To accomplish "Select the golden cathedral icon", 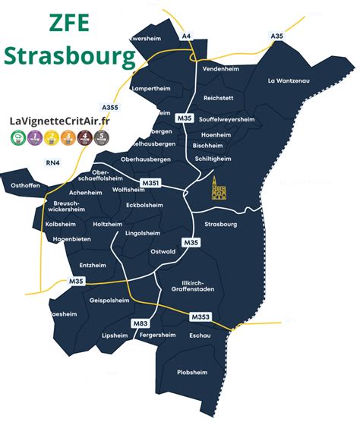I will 219,191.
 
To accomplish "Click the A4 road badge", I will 186,36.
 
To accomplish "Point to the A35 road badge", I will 278,36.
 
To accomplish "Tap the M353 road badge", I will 200,316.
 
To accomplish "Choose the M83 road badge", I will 140,323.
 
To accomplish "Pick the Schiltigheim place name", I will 212,159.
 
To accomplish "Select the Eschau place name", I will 199,335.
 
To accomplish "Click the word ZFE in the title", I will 65,23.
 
